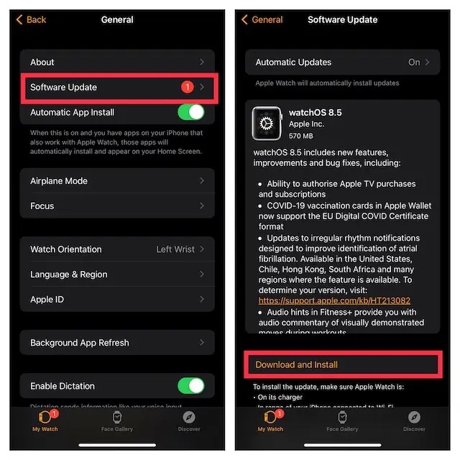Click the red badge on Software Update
click(x=188, y=87)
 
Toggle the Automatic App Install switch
click(x=190, y=112)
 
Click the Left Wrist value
click(x=175, y=249)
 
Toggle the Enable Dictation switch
click(x=190, y=386)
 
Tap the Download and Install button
click(x=296, y=364)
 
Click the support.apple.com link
click(x=334, y=300)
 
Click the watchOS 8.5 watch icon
click(x=267, y=124)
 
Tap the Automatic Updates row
click(x=342, y=63)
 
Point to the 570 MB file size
click(x=300, y=136)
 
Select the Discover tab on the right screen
click(x=414, y=420)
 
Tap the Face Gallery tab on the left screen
click(x=117, y=420)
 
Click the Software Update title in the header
click(x=342, y=19)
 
